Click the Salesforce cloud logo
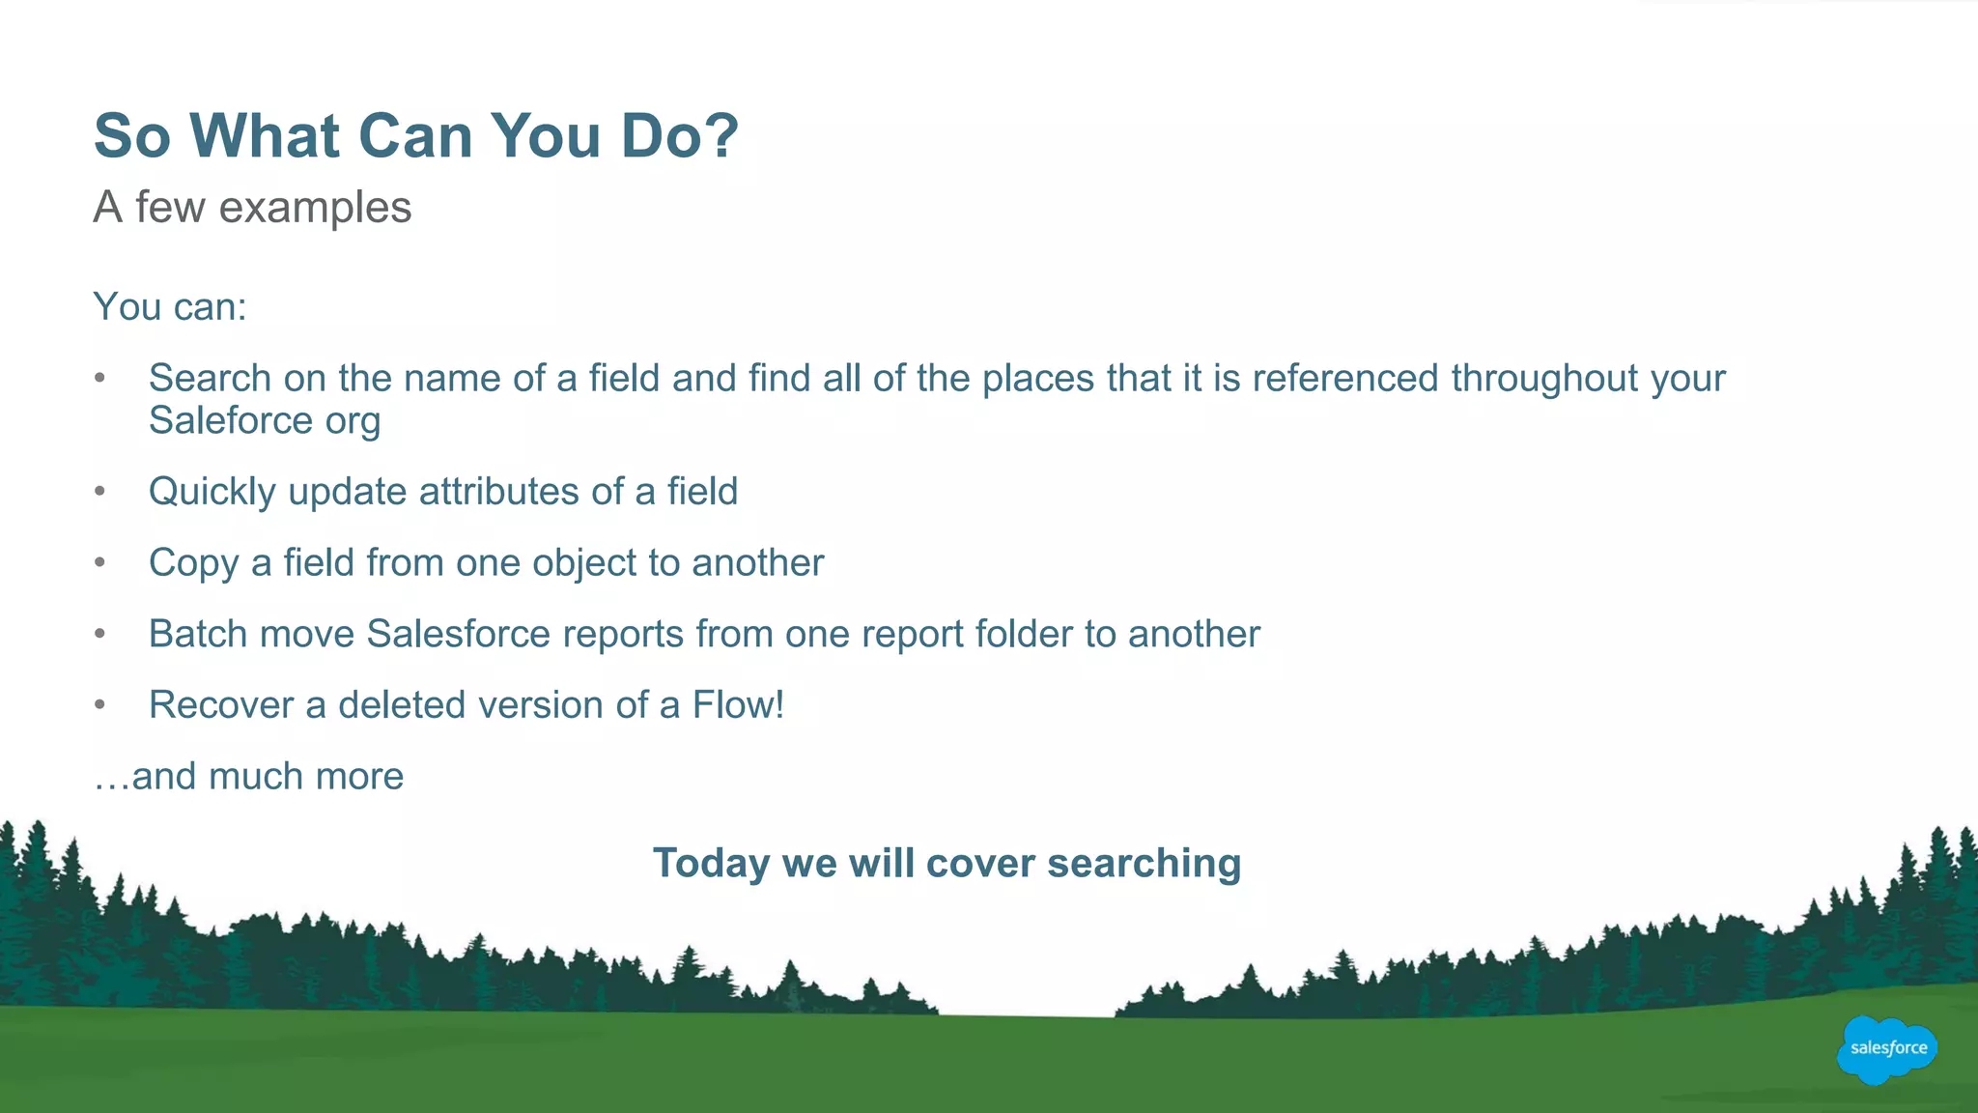tap(1887, 1049)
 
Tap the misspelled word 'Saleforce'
tap(231, 421)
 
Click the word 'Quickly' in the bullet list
tap(212, 492)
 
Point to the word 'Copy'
tap(193, 563)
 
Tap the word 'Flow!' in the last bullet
tap(738, 705)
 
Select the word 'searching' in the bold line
tap(1144, 863)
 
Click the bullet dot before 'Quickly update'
tap(99, 492)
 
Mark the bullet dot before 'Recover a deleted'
tap(99, 705)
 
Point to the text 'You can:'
tap(170, 307)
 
